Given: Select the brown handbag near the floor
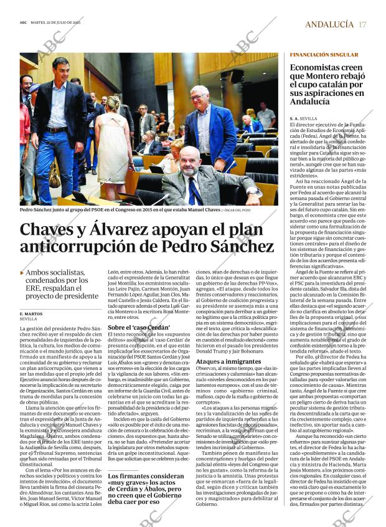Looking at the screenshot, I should tap(55, 177).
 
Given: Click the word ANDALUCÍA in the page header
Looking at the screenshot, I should tap(329, 24).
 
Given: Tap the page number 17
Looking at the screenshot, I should tap(362, 24).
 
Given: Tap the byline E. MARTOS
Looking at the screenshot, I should tap(31, 313).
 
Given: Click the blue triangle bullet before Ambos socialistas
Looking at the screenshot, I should tap(22, 273).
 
